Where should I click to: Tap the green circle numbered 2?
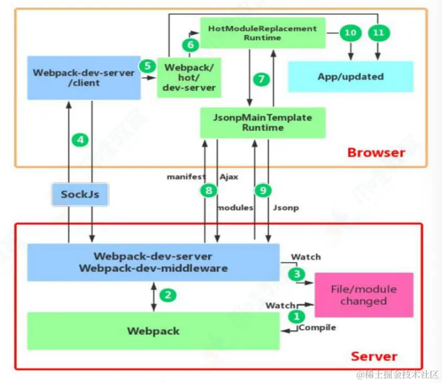click(167, 295)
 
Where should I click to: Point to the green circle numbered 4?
click(80, 140)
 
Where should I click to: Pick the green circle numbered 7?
click(261, 80)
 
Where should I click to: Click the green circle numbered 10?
click(350, 33)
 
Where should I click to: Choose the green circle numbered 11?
click(378, 33)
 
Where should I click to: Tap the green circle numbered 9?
click(262, 191)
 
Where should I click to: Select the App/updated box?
click(351, 77)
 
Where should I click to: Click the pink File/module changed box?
click(363, 295)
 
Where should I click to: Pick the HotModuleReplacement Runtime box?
click(262, 33)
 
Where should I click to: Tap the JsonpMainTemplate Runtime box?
click(262, 122)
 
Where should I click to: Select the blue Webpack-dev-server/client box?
click(84, 78)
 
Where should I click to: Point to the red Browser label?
click(376, 153)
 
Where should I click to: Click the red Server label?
click(374, 356)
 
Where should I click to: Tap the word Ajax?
click(229, 177)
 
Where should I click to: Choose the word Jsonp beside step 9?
click(286, 208)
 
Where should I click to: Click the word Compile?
click(318, 328)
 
